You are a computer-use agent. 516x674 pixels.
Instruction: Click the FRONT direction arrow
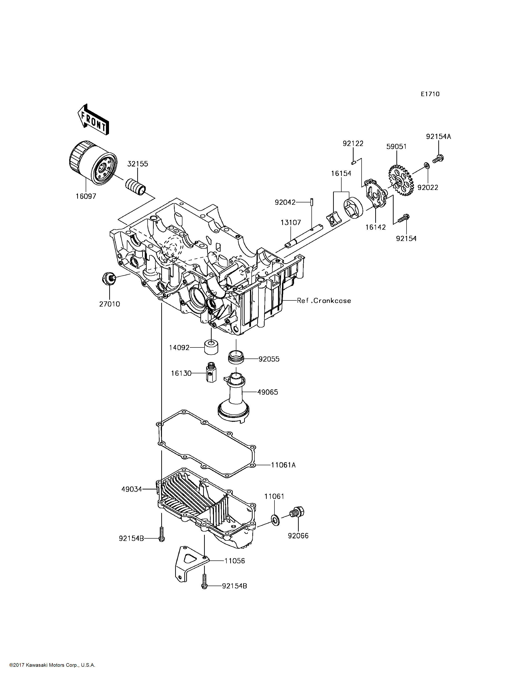tap(93, 120)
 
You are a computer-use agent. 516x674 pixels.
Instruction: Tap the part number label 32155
tap(138, 164)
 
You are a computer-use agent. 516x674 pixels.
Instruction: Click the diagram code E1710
tap(430, 94)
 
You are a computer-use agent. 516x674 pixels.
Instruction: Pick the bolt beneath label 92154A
tap(438, 159)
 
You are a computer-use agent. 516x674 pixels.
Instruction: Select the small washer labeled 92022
tap(427, 166)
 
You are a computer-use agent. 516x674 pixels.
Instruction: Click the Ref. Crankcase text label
tap(324, 301)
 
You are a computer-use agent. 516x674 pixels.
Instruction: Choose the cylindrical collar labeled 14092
tap(211, 346)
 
